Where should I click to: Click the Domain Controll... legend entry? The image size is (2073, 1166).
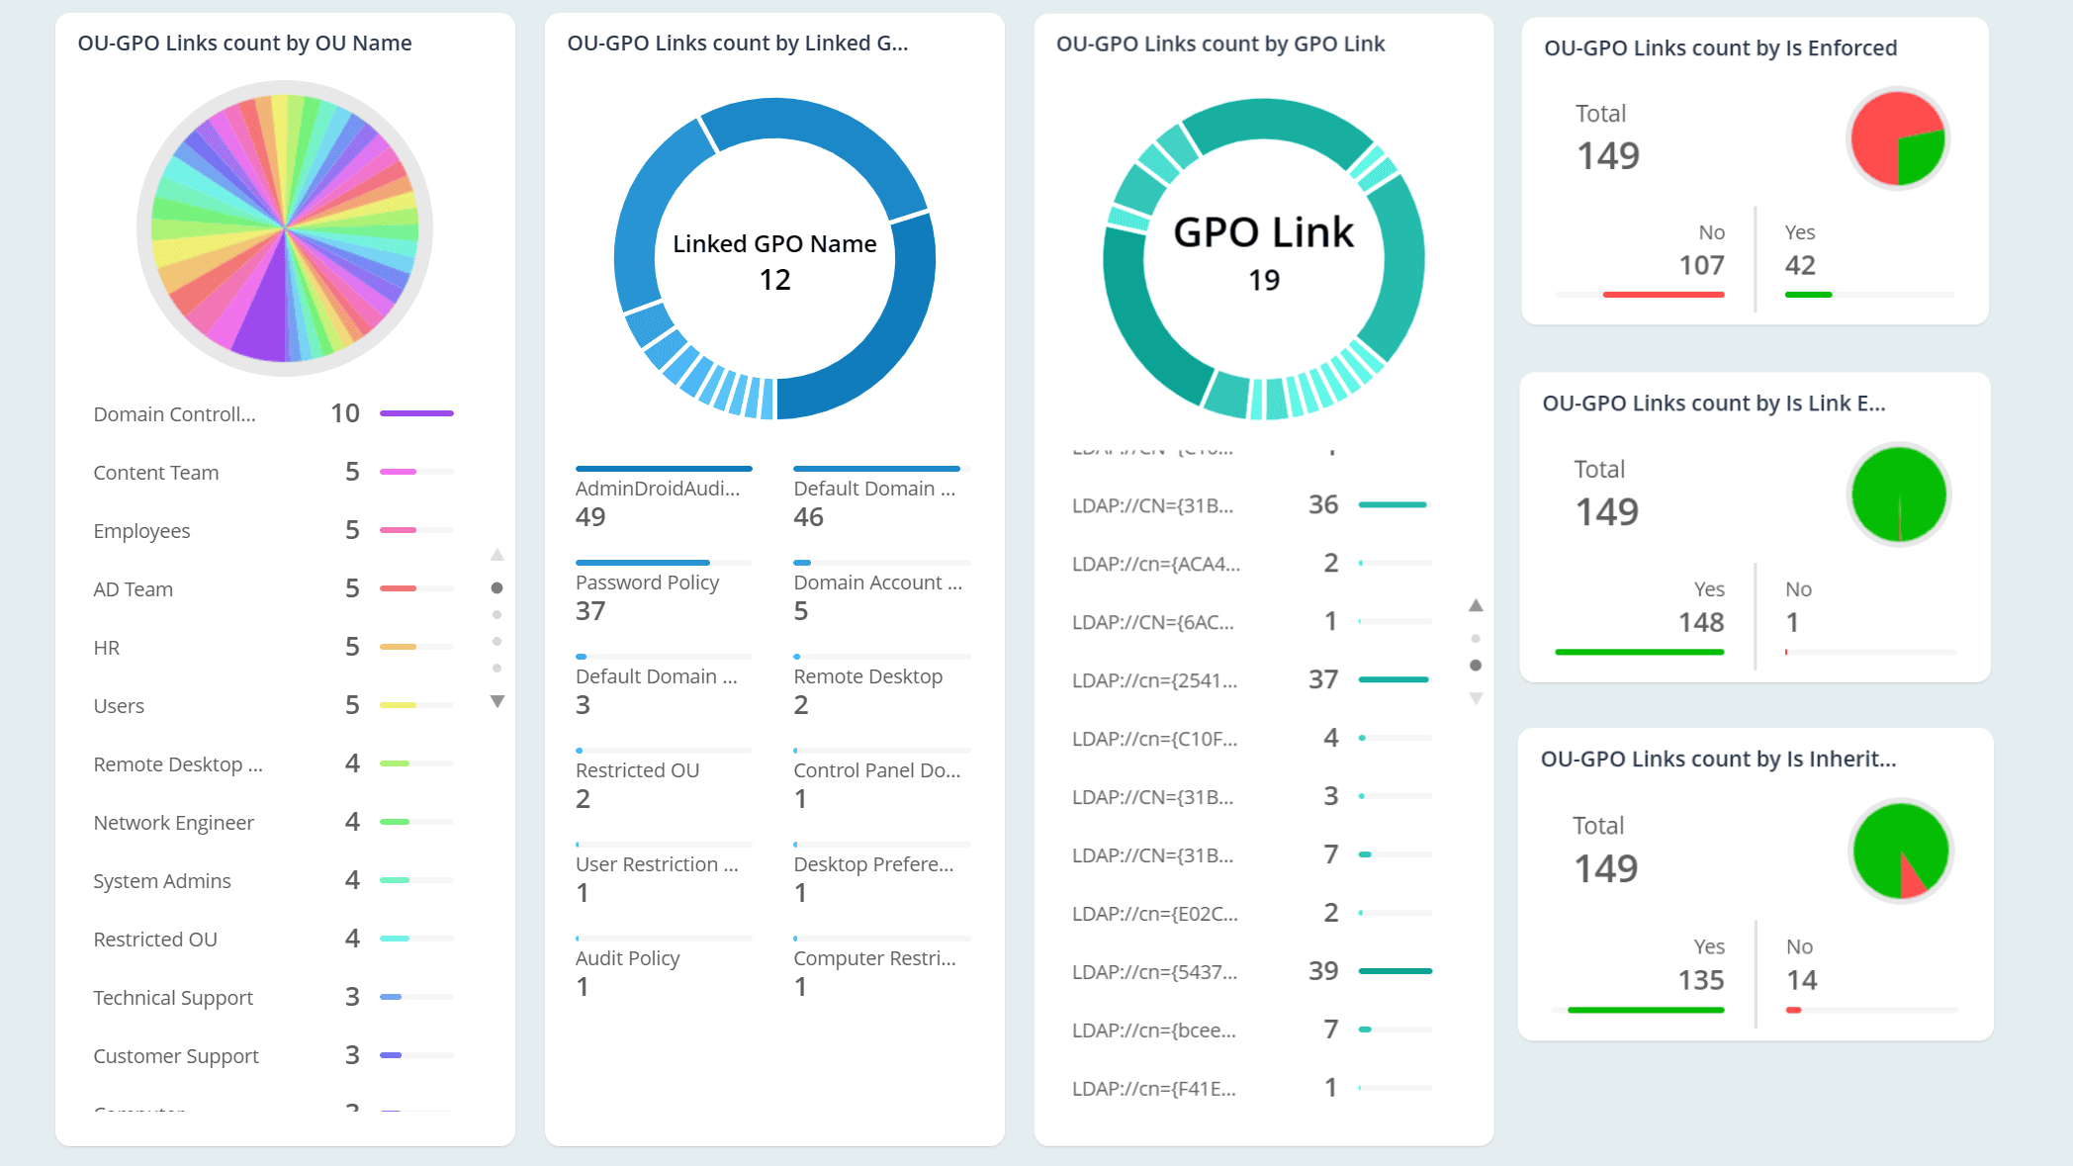[174, 414]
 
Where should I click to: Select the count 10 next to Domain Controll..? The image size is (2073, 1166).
[344, 413]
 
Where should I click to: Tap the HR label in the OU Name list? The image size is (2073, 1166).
[107, 648]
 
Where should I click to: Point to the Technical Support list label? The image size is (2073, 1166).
[173, 998]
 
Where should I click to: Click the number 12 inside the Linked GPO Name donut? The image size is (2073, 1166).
[774, 280]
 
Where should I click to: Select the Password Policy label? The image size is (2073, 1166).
[647, 583]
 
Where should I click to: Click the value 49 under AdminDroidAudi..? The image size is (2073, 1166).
[590, 517]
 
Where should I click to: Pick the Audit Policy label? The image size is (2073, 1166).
[627, 958]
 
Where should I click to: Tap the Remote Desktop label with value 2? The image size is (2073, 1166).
[867, 676]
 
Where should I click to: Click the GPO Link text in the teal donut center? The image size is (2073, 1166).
[1263, 232]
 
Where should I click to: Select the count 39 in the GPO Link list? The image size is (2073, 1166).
[1322, 971]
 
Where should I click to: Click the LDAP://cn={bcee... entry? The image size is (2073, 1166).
[1153, 1031]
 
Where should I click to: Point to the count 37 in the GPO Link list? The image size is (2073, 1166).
[1322, 679]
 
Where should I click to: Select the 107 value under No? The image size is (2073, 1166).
[1701, 265]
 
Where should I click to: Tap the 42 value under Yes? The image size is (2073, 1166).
[1800, 265]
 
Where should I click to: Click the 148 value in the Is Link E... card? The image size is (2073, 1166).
[1701, 622]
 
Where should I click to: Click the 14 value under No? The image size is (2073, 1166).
[1801, 980]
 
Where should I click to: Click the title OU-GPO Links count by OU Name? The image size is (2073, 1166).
[244, 44]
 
